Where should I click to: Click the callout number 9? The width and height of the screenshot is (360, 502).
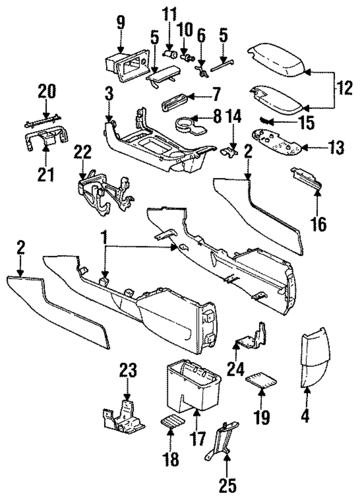[121, 23]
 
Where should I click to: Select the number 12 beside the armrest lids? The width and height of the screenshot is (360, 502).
[344, 88]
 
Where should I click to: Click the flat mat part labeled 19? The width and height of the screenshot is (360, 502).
[261, 381]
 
